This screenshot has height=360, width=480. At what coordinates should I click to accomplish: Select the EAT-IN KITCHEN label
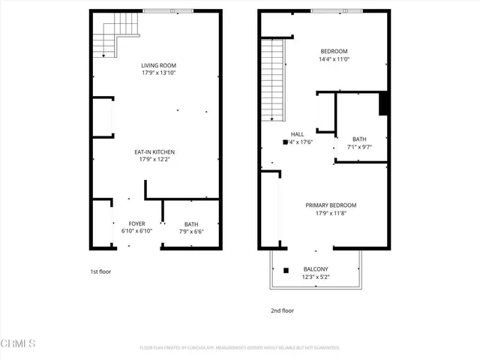[x=157, y=151]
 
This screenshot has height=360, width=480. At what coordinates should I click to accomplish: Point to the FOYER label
[x=136, y=223]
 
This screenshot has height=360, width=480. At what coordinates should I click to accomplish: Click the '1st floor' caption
[x=100, y=271]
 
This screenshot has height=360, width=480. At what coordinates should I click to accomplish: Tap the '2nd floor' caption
[x=283, y=310]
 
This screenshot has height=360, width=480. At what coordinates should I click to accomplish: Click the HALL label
[x=298, y=134]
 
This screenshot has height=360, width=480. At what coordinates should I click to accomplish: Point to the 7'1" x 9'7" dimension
[x=359, y=147]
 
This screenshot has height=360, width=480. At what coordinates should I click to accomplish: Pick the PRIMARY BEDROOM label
[x=331, y=205]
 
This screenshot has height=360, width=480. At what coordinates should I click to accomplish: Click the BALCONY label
[x=315, y=268]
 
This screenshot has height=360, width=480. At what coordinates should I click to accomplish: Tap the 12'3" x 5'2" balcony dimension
[x=315, y=277]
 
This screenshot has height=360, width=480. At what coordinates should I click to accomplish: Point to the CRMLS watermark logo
[x=19, y=344]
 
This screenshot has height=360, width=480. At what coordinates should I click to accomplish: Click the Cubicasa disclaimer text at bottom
[x=239, y=348]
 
